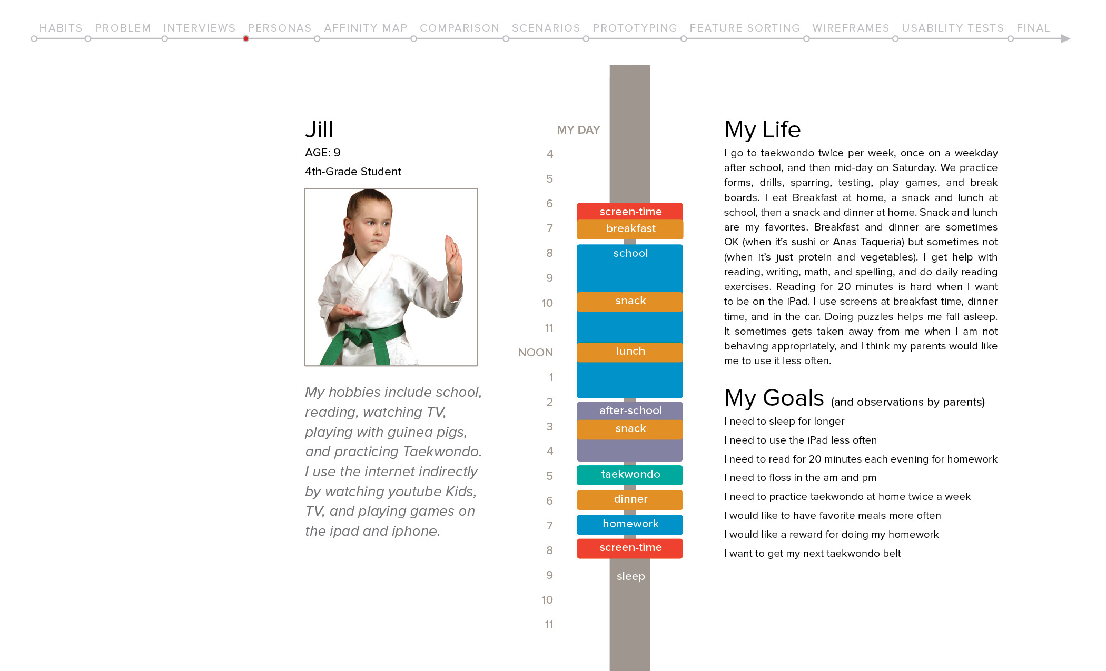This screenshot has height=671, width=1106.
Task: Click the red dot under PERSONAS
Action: point(246,38)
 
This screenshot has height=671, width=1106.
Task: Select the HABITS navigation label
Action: point(61,28)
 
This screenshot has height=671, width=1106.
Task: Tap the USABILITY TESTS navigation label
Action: point(952,28)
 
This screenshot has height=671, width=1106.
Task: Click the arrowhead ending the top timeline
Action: point(1065,38)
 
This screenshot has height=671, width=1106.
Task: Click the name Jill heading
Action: point(319,129)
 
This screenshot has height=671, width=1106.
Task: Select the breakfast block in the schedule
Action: point(630,229)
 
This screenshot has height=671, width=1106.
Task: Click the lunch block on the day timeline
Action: point(630,352)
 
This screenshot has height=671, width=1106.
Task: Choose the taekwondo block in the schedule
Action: point(630,475)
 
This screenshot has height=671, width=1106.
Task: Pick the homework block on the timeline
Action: point(630,524)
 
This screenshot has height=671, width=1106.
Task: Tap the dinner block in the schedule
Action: point(630,499)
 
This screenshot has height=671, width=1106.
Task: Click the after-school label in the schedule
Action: point(630,410)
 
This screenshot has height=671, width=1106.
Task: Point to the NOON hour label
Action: point(535,353)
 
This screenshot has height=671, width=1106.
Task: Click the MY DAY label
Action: point(578,130)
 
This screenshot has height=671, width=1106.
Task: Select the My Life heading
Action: point(762,129)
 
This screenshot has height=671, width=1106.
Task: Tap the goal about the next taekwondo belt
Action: point(812,554)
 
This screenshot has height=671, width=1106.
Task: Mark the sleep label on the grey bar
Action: point(630,576)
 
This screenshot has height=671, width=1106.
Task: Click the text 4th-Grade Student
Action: point(353,172)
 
